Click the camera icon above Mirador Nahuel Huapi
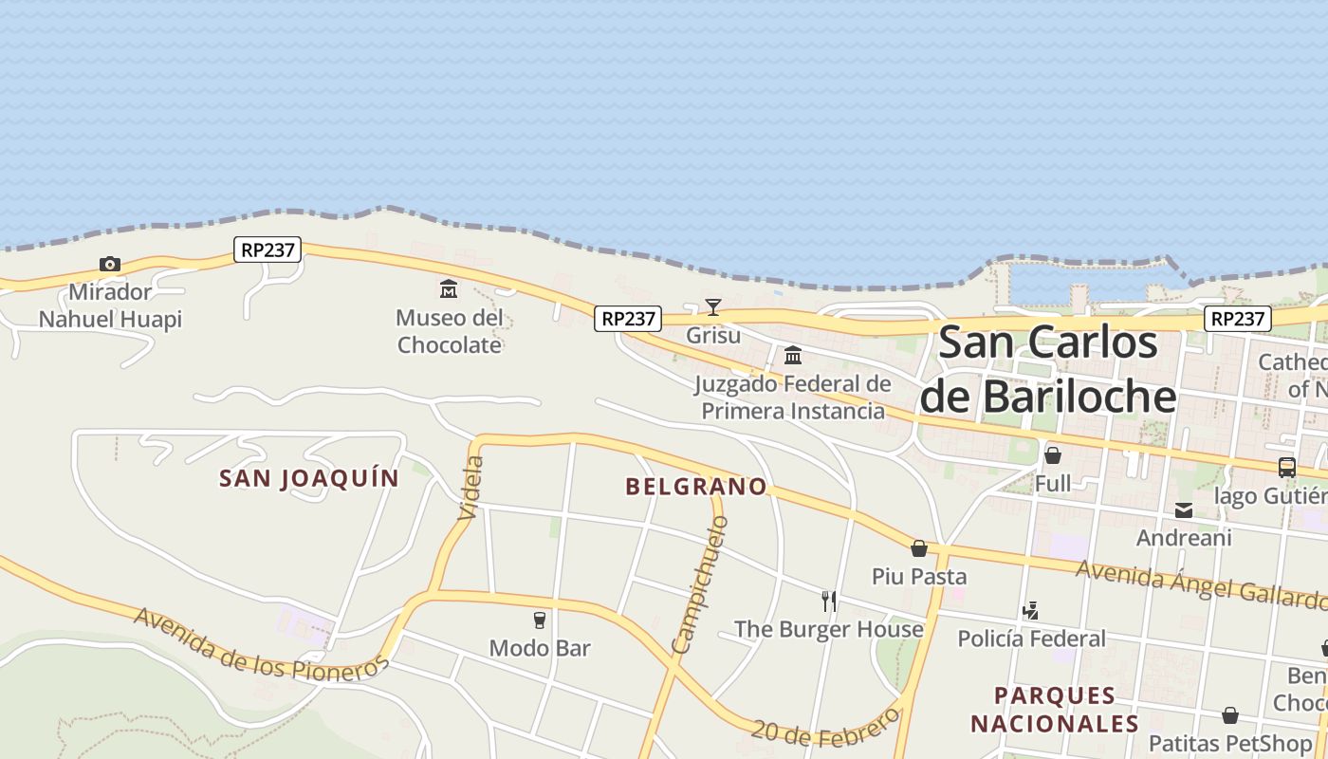coord(110,264)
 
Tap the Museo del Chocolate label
coord(450,331)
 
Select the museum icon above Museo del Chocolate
coord(449,288)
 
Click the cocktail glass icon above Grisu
coord(713,306)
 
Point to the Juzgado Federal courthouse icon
coord(793,356)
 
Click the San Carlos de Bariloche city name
coord(1048,369)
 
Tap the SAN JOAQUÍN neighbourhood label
coord(309,478)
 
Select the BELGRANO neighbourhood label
coord(696,487)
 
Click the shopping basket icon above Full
coord(1053,455)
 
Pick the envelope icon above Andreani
coord(1184,510)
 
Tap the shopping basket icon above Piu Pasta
coord(918,548)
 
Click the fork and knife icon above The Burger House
coord(829,601)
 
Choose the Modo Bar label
coord(540,648)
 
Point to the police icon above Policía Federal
coord(1031,611)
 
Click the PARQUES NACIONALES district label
coord(1055,709)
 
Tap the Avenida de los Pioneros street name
coord(261,644)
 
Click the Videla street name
coord(471,488)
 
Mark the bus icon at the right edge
coord(1287,467)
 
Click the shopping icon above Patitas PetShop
coord(1230,714)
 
